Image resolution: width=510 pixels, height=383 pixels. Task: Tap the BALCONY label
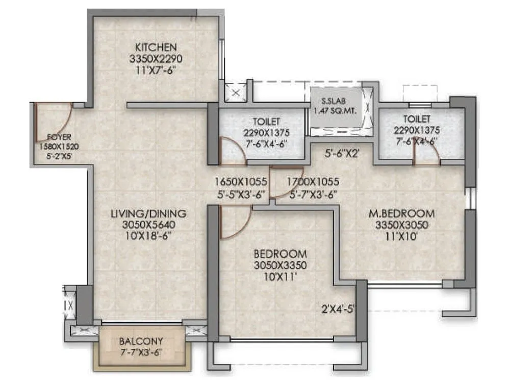pos(141,341)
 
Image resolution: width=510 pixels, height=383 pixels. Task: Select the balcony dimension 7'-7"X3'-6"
pos(141,351)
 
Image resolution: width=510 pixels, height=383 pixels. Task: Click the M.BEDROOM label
pos(402,213)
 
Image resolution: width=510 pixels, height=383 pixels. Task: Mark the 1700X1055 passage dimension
pos(313,182)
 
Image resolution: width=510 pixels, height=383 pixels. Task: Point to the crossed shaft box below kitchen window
pos(236,93)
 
